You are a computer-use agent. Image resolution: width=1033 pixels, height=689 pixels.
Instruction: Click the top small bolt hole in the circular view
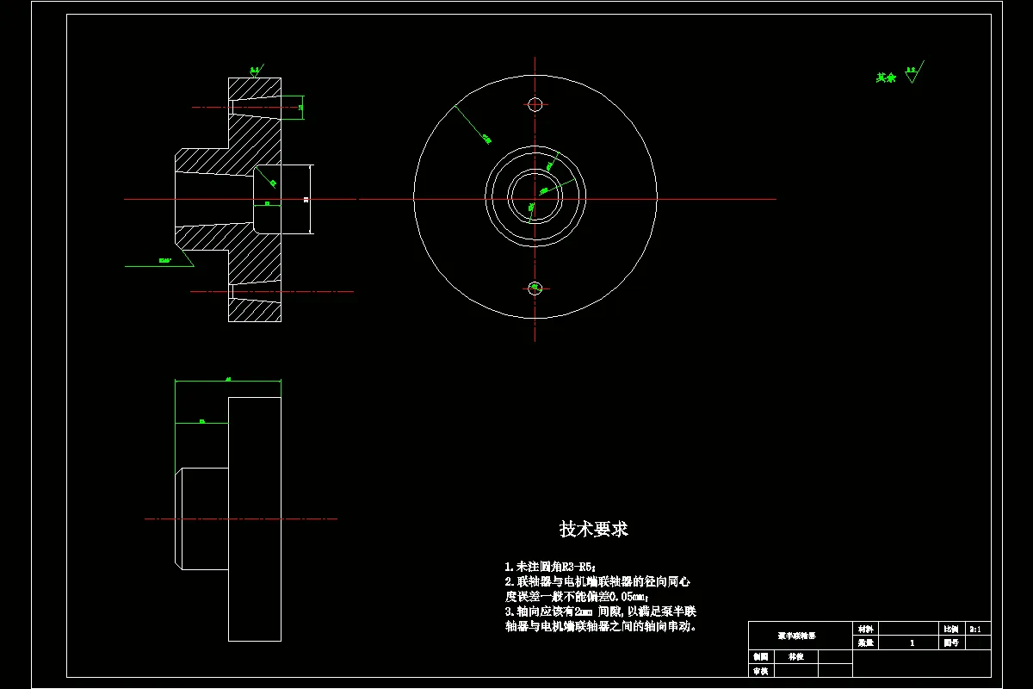tap(535, 105)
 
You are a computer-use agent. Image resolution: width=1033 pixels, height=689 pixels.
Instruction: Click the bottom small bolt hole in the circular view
tap(535, 288)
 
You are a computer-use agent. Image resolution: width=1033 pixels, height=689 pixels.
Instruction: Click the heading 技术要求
tap(594, 529)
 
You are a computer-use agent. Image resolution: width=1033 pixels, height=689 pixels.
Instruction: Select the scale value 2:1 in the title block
tap(978, 630)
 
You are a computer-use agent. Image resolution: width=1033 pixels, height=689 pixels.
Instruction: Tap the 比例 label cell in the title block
tap(950, 630)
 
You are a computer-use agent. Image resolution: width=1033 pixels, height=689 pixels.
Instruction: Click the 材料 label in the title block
tap(864, 630)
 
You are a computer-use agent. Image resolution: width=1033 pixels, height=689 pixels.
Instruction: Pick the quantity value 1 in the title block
tap(912, 642)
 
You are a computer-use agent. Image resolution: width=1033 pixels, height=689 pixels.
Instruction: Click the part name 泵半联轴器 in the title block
tap(798, 636)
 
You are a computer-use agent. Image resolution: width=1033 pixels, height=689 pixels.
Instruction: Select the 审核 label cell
tap(760, 670)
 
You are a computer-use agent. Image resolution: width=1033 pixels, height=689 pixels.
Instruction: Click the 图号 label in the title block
tap(950, 642)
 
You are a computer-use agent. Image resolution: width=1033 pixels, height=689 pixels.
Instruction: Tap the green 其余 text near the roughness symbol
tap(886, 78)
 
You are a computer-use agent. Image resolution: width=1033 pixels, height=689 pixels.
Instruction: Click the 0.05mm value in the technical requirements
tap(626, 596)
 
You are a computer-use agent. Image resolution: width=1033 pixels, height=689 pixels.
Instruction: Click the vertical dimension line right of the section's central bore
tap(309, 199)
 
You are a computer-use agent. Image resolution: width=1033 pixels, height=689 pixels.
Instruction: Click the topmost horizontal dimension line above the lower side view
tap(228, 380)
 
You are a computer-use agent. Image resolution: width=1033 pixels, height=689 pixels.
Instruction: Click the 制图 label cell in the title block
tap(760, 656)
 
